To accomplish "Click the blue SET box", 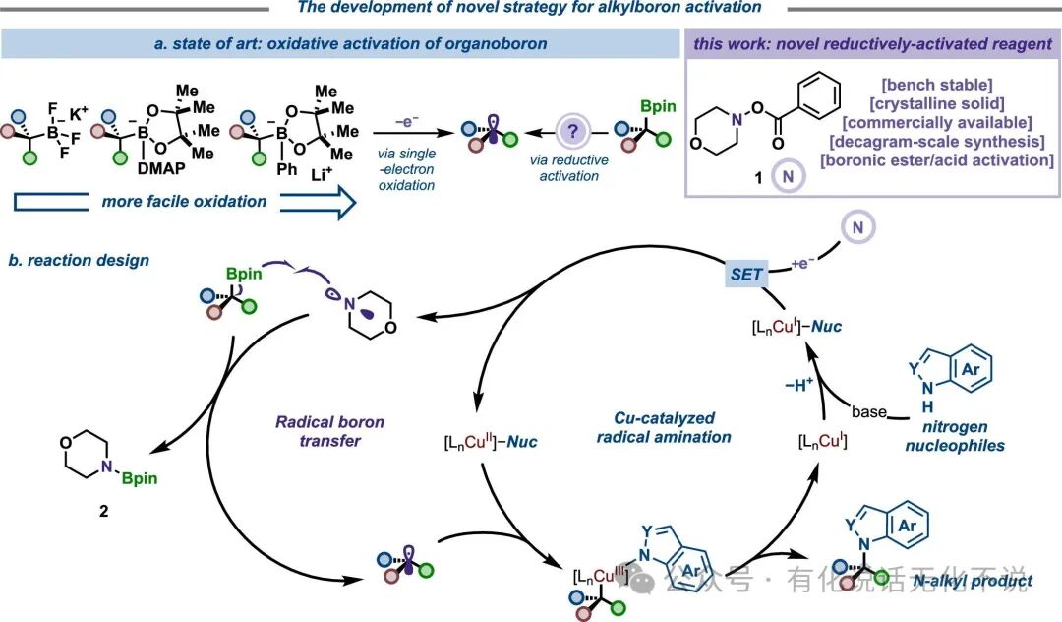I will click(747, 275).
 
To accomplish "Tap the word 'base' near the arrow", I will click(869, 411).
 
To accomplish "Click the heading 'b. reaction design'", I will click(79, 260).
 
